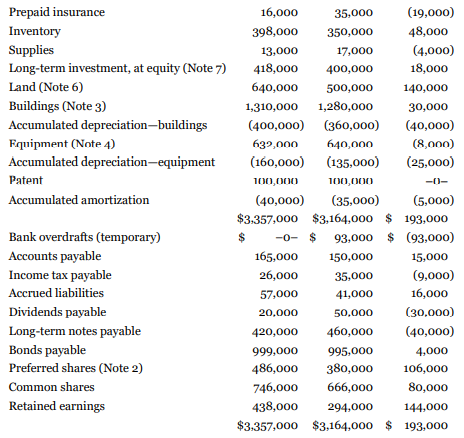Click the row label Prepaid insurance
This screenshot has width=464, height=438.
[x=51, y=13]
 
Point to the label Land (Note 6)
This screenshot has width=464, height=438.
[x=45, y=87]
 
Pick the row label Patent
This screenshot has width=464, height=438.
[x=26, y=181]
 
